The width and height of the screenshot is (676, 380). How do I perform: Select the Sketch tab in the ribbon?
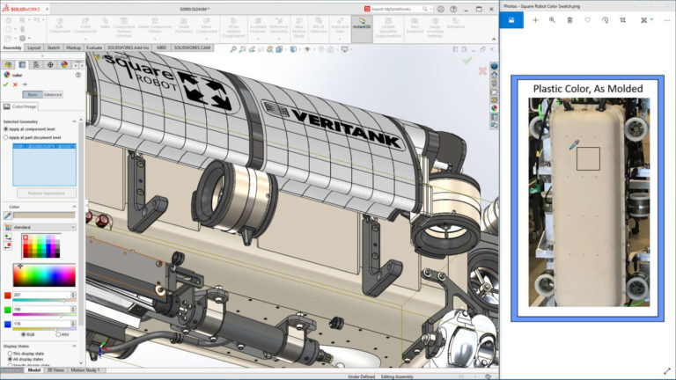click(54, 47)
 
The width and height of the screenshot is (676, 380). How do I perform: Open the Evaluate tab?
click(94, 47)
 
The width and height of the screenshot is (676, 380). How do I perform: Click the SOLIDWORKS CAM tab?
click(193, 47)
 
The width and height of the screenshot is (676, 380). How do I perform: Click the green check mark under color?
click(6, 84)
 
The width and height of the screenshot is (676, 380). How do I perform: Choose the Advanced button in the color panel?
click(53, 94)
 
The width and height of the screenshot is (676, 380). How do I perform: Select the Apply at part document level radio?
click(6, 137)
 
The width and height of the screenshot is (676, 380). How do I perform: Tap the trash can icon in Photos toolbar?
click(569, 19)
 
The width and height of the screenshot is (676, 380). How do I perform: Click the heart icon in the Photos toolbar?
click(587, 19)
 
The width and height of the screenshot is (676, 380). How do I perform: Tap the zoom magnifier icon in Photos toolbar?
click(552, 19)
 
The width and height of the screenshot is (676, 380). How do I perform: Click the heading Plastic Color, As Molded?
click(587, 88)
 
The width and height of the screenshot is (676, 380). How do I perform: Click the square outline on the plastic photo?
click(587, 158)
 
